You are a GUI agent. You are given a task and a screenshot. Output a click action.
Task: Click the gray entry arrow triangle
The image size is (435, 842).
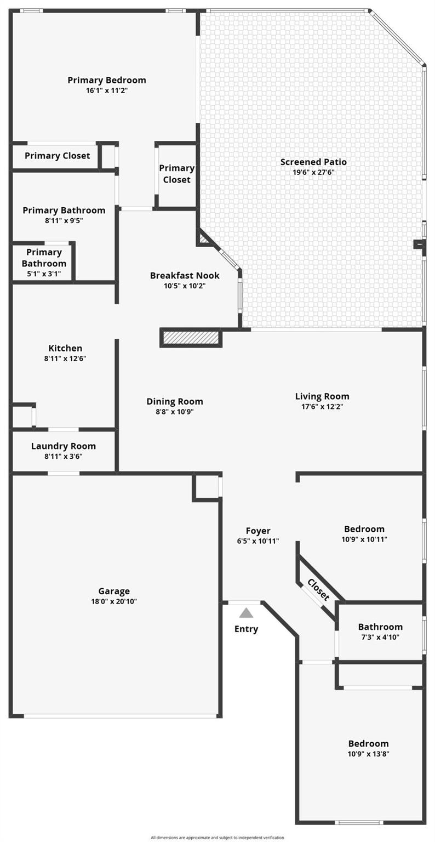coord(246,613)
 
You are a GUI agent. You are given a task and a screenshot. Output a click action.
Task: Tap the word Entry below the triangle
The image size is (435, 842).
coord(246,629)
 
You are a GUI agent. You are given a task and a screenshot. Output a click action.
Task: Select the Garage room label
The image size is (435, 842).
coord(114,591)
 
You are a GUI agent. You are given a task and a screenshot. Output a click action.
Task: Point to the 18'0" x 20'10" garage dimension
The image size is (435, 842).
coord(114,601)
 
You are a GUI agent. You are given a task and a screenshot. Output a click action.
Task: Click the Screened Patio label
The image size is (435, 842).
coord(313,162)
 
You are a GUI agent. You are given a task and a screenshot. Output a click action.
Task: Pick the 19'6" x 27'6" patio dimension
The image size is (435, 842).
coord(313,173)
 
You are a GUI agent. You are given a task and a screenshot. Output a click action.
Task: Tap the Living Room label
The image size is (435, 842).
coord(322,396)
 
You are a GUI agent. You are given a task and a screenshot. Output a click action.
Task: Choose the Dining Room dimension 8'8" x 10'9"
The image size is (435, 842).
coord(175,412)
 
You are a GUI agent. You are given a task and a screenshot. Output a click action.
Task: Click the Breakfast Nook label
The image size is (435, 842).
coord(185,276)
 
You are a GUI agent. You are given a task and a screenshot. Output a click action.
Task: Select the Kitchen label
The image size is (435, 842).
coord(65,348)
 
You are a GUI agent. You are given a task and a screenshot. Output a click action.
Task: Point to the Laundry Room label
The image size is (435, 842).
coord(64,446)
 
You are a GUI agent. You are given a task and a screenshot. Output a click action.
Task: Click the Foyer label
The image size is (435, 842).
coord(257,531)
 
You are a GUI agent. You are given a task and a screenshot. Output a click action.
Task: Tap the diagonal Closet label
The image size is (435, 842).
coord(318,590)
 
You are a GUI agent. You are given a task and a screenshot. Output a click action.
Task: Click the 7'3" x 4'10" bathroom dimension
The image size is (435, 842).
coord(380,637)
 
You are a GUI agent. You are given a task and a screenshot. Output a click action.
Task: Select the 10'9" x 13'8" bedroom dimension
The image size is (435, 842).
coord(368,754)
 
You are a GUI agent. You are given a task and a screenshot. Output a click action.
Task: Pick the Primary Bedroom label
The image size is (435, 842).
coord(107,80)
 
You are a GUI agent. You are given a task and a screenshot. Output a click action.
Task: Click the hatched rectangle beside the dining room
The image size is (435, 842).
coord(191,337)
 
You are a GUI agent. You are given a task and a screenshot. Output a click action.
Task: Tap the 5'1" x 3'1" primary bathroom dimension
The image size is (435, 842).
coord(44,274)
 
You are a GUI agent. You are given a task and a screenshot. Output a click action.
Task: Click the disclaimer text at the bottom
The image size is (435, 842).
coord(217,838)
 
